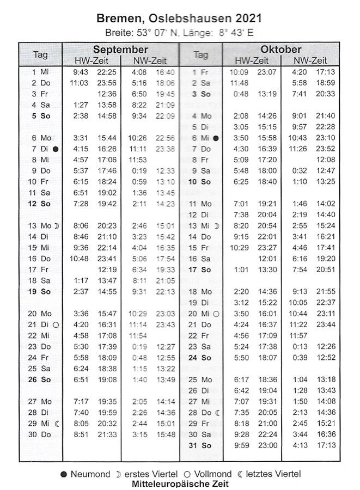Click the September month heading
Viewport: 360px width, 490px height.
pyautogui.click(x=120, y=49)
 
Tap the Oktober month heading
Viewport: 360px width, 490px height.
pyautogui.click(x=280, y=49)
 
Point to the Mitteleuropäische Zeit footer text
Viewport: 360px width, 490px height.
pyautogui.click(x=180, y=483)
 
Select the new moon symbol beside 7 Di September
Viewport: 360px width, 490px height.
pyautogui.click(x=56, y=149)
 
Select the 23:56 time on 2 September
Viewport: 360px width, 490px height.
pyautogui.click(x=107, y=83)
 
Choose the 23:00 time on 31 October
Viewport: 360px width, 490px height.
pyautogui.click(x=267, y=445)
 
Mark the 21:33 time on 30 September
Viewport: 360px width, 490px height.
pyautogui.click(x=107, y=434)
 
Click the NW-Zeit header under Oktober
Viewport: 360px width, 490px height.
pyautogui.click(x=310, y=60)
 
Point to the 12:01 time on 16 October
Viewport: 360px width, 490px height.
pyautogui.click(x=267, y=259)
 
